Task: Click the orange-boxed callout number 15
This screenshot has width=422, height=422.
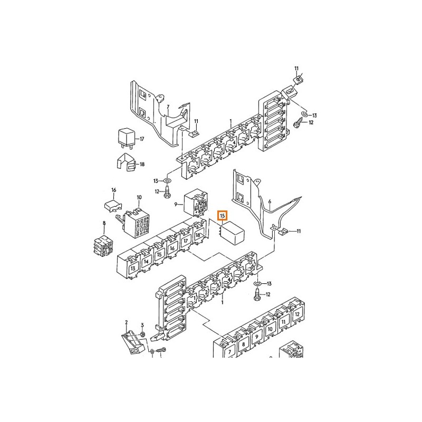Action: pos(222,216)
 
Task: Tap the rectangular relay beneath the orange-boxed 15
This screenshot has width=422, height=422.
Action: pos(232,233)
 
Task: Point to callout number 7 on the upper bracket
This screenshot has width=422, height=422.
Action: pos(168,108)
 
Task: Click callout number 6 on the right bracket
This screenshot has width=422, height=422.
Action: pos(270,202)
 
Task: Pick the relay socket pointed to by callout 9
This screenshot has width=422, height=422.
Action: pos(196,203)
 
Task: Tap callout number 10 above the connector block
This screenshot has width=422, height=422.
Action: pos(139,197)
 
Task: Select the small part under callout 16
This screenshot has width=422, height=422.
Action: pos(113,206)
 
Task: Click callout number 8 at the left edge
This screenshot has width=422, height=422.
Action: pos(104,223)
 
